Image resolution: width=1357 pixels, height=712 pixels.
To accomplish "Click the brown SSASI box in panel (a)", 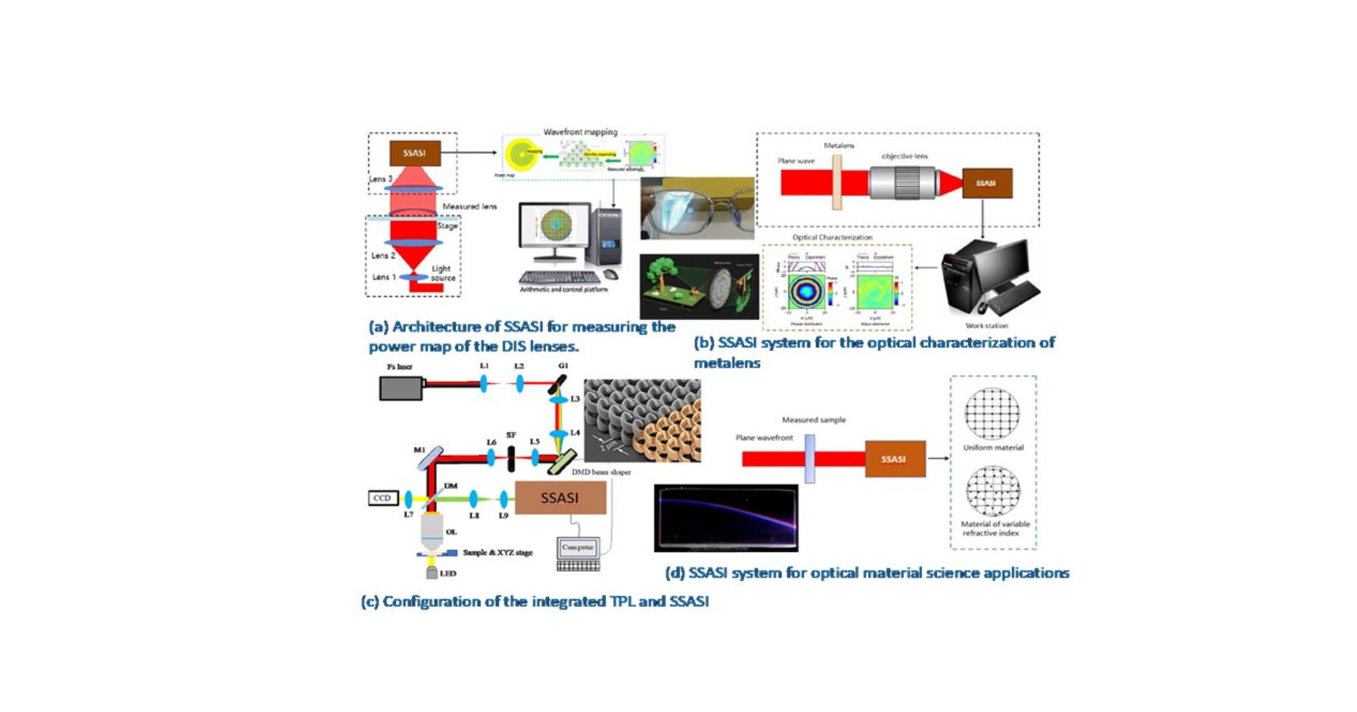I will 415,153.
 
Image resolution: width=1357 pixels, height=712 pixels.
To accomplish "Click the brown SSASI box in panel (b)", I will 987,183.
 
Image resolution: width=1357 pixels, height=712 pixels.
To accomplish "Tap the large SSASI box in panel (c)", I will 560,498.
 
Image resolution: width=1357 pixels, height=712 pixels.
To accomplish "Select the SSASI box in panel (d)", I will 894,459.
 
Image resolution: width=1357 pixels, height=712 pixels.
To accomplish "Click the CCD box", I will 383,498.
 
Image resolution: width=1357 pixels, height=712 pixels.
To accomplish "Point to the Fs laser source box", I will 401,388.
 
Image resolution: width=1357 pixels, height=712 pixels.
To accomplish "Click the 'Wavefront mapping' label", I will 580,132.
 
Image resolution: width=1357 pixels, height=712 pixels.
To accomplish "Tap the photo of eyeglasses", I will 697,208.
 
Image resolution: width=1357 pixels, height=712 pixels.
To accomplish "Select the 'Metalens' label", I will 839,146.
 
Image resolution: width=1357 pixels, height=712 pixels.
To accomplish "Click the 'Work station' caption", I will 987,325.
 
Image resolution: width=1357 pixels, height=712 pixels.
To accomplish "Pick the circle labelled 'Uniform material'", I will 992,414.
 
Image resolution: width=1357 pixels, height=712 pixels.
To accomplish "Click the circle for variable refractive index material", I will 993,491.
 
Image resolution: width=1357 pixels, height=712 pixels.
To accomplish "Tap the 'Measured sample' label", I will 814,420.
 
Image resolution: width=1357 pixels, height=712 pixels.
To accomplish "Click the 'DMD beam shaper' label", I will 601,472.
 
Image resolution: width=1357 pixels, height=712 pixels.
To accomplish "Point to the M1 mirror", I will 429,459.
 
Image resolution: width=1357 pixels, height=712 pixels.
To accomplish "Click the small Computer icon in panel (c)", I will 577,549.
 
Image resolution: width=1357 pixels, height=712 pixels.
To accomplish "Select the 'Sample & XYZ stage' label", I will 497,553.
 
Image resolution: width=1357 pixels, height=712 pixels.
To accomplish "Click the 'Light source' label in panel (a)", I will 442,273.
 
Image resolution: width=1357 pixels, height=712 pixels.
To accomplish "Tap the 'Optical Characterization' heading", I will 832,237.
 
